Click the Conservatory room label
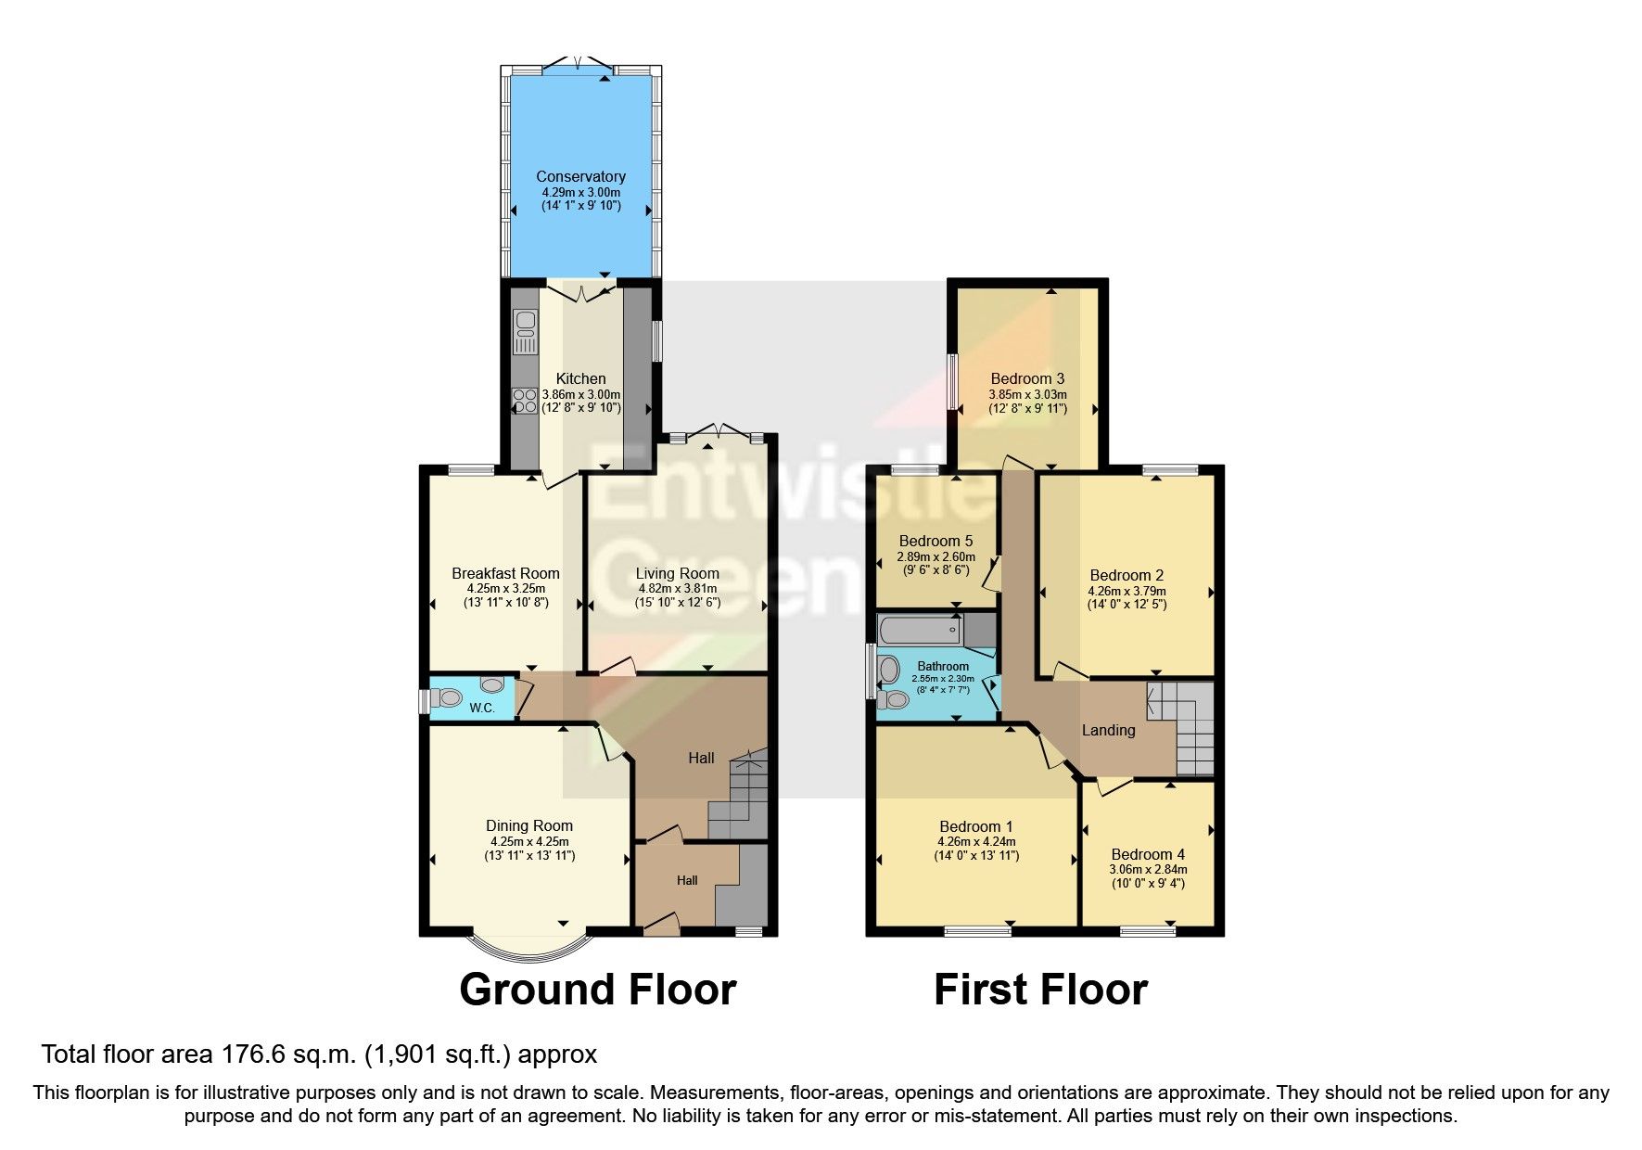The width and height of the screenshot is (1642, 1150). tap(580, 176)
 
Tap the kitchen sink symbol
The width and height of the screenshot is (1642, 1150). tap(526, 333)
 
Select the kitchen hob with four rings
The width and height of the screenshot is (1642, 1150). tap(525, 401)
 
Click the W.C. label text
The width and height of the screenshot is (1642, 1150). tap(481, 709)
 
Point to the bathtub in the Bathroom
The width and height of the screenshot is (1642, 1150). tap(920, 631)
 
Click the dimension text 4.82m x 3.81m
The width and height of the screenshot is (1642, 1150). tap(677, 588)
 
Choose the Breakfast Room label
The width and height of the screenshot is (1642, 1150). tap(505, 573)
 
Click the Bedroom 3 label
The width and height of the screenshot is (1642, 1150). tap(1027, 378)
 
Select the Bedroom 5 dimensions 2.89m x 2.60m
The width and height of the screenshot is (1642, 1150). tap(936, 556)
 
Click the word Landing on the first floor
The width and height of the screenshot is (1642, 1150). tap(1108, 730)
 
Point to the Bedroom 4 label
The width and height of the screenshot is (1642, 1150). tap(1148, 854)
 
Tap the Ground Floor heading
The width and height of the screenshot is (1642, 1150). tap(597, 990)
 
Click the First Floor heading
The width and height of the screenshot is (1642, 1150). tap(1040, 990)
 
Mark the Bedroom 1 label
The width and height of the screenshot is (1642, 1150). tap(976, 826)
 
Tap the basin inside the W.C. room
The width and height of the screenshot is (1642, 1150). tap(491, 685)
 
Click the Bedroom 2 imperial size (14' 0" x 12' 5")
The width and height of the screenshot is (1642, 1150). tap(1126, 605)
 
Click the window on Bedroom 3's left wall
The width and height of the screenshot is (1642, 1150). tap(952, 381)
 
